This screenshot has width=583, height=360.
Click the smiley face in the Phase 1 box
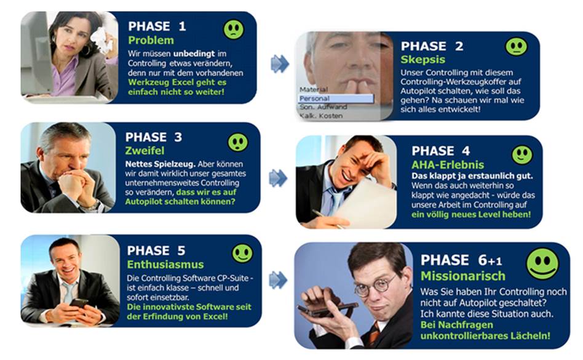point(234,30)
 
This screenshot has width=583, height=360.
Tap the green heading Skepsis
point(422,60)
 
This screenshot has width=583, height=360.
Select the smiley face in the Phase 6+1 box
point(542,263)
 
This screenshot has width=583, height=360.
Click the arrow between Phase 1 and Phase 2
point(280,63)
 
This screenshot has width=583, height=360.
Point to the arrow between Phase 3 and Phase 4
point(278,178)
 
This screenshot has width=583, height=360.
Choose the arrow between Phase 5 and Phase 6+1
point(278,279)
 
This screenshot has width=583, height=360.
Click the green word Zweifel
point(145,150)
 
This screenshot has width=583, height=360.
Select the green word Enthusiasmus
point(165,265)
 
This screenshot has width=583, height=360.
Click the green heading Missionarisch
point(463,276)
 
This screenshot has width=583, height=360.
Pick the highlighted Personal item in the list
point(336,98)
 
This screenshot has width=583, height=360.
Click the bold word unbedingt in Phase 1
point(194,54)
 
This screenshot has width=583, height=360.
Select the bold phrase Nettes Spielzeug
point(161,164)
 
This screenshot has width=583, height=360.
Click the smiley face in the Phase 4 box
point(522,154)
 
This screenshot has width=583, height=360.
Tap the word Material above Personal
point(314,89)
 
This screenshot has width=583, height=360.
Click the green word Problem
point(151,40)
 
